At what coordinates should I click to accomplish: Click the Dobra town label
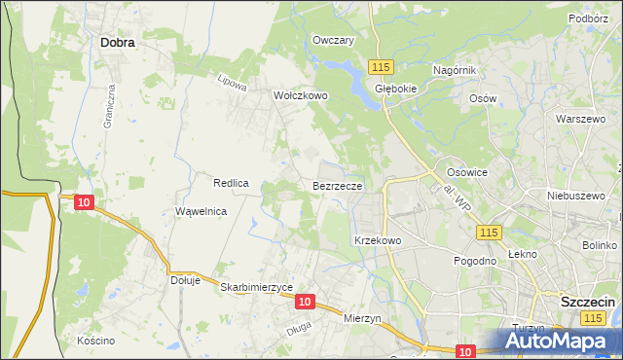[x=117, y=43]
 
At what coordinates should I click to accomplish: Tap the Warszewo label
[x=574, y=119]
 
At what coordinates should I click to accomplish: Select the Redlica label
[x=233, y=183]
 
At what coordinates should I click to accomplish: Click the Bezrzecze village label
[x=338, y=185]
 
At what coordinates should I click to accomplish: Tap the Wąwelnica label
[x=202, y=211]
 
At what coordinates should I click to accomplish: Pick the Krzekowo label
[x=378, y=240]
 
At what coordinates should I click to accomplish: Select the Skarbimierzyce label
[x=257, y=288]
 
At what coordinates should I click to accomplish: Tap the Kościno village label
[x=96, y=341]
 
